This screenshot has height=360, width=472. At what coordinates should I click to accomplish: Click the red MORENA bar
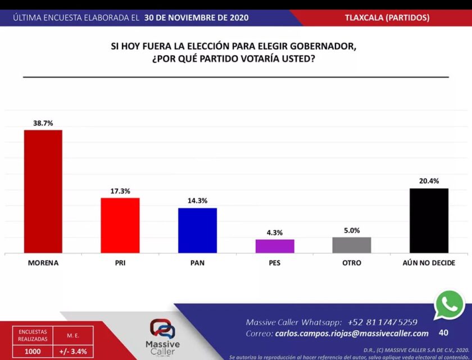[x=43, y=191]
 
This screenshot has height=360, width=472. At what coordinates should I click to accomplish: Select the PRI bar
[x=120, y=225]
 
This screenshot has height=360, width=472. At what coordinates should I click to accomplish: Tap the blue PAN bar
[x=197, y=230]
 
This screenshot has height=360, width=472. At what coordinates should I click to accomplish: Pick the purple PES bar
[x=275, y=246]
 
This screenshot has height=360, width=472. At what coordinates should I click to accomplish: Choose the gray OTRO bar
[x=352, y=245]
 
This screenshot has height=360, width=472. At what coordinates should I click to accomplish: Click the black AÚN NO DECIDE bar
[x=429, y=220]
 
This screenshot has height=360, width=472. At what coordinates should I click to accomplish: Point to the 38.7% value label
[x=43, y=123]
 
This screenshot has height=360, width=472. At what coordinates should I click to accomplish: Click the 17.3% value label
[x=120, y=191]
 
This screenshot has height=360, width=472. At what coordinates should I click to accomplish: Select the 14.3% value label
[x=197, y=201]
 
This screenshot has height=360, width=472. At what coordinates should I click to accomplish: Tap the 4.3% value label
[x=275, y=232]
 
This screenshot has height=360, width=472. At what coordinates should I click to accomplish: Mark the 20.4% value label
[x=429, y=181]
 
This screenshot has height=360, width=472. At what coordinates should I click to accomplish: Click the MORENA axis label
[x=43, y=263]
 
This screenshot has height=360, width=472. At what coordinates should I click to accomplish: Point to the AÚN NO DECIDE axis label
[x=429, y=263]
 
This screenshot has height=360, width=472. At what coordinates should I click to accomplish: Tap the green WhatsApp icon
[x=449, y=305]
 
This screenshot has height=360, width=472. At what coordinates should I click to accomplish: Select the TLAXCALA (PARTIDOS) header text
[x=387, y=17]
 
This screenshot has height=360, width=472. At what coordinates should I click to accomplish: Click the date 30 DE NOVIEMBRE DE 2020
[x=196, y=17]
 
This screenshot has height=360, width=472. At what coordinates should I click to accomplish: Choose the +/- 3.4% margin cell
[x=73, y=351]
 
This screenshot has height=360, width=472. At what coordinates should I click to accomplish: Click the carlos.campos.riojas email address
[x=352, y=334]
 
